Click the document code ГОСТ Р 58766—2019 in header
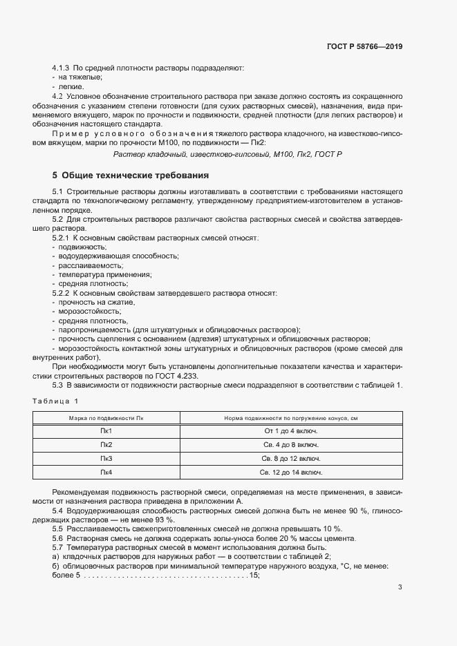[364, 48]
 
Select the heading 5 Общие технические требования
[130, 175]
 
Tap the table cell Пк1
[106, 430]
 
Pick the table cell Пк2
[106, 444]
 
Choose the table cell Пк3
[106, 458]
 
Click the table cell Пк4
[106, 473]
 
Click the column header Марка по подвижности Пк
[106, 417]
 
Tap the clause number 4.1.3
[61, 68]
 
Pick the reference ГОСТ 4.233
[179, 375]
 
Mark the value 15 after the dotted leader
[254, 576]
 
